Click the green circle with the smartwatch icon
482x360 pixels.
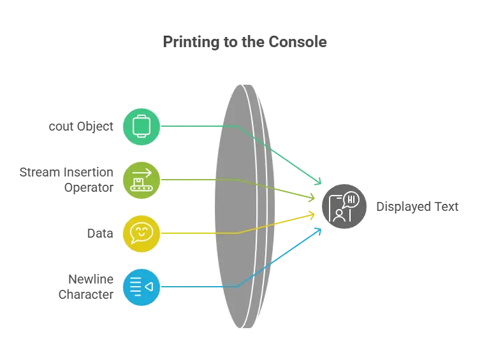click(x=141, y=126)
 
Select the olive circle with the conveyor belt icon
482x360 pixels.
click(x=141, y=180)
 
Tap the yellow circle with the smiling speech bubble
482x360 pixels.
click(x=141, y=233)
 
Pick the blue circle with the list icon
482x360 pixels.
click(x=141, y=287)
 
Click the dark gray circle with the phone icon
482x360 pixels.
click(x=344, y=206)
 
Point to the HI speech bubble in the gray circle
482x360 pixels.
click(x=351, y=199)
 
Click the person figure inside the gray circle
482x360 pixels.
click(x=339, y=215)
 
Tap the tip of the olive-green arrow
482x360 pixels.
click(x=316, y=200)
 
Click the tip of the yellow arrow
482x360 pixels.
click(x=317, y=213)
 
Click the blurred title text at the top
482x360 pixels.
click(x=248, y=43)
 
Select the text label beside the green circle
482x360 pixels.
click(x=82, y=126)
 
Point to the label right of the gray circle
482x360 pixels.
click(x=416, y=207)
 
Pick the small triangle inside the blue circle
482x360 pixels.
click(x=149, y=287)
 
